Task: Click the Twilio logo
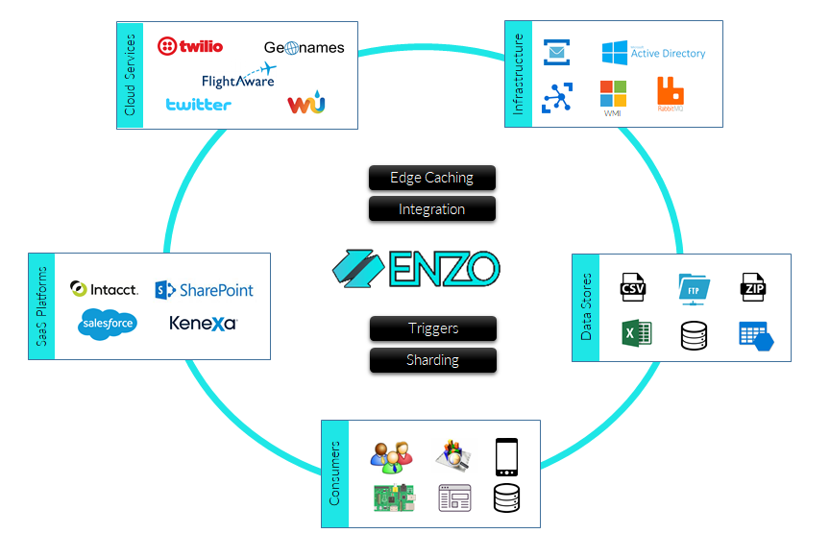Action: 190,46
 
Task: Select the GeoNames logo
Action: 304,47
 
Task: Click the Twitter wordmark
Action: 198,104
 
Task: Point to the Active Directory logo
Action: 653,53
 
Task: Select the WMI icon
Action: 613,97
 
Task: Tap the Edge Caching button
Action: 432,178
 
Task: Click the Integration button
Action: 432,209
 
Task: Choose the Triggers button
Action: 433,328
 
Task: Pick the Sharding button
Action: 433,360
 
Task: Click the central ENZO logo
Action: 416,269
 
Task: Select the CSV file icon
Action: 633,287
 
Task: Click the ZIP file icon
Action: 752,287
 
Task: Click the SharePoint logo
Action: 204,289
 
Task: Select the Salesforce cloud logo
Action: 108,325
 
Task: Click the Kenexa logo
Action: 203,324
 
